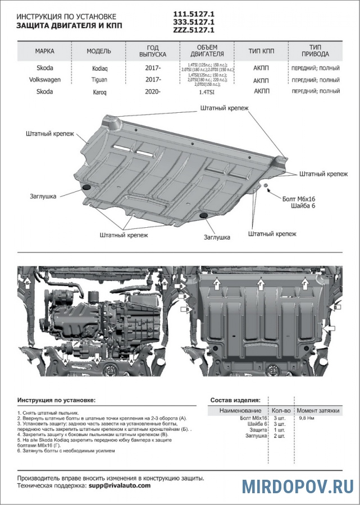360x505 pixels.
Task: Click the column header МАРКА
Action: coord(45,51)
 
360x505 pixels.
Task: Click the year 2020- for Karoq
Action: coord(153,91)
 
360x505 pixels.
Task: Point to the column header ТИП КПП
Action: coord(261,51)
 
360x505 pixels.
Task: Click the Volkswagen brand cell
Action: coord(45,80)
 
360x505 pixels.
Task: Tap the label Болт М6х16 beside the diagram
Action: coord(299,199)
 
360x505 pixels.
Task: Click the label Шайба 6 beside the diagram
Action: coord(304,207)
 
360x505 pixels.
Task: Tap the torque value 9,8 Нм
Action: coord(307,419)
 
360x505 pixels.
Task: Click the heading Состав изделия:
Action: coord(235,400)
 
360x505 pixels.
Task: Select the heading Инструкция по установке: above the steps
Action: coord(56,400)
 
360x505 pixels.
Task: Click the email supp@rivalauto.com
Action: coord(119,486)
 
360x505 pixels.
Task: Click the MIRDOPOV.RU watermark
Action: coord(298,486)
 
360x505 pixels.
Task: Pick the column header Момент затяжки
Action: coord(318,411)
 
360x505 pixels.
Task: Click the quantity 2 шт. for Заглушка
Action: coord(279,435)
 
